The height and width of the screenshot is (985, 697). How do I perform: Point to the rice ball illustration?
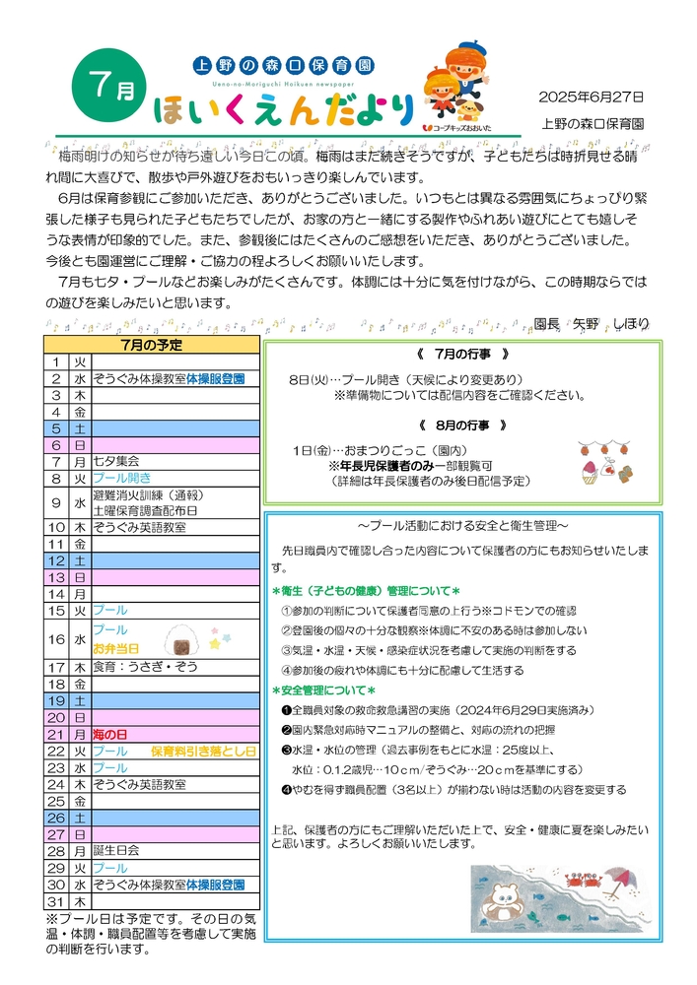tap(183, 642)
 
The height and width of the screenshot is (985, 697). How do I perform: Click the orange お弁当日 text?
tap(115, 649)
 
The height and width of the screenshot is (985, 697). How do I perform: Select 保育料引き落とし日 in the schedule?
tap(203, 751)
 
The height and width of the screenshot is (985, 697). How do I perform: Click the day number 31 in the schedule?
tap(56, 901)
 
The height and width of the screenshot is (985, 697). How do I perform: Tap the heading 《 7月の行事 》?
tap(461, 354)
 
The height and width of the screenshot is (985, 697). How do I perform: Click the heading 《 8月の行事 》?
tap(461, 426)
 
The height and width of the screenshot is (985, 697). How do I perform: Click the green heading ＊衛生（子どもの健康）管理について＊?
tap(367, 591)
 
